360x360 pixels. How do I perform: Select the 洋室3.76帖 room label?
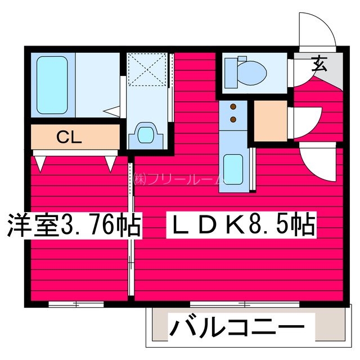(73, 226)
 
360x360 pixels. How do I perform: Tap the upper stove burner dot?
(233, 106)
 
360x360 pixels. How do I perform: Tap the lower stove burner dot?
(233, 119)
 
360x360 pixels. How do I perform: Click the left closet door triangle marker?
(40, 164)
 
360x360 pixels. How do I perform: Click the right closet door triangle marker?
(111, 164)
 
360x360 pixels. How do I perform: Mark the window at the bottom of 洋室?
(76, 304)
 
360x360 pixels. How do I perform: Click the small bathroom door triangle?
(115, 110)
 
